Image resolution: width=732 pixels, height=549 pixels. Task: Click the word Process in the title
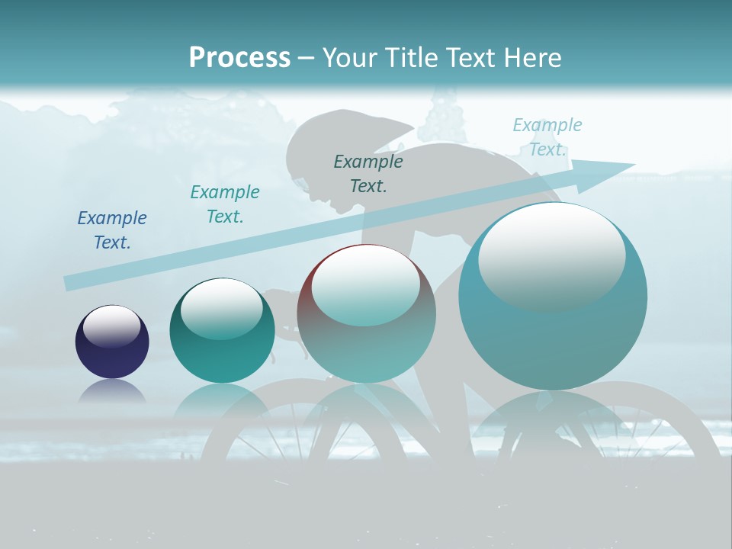pyautogui.click(x=239, y=58)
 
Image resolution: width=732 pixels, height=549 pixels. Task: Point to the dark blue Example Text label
pyautogui.click(x=111, y=230)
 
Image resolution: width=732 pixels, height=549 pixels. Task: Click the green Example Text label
pyautogui.click(x=224, y=204)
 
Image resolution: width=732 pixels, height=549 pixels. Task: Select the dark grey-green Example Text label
pyautogui.click(x=368, y=174)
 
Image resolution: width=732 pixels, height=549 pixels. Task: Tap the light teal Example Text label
pyautogui.click(x=547, y=136)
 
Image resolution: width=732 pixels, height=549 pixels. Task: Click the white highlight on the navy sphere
pyautogui.click(x=112, y=326)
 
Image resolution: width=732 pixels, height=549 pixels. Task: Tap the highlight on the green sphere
pyautogui.click(x=222, y=307)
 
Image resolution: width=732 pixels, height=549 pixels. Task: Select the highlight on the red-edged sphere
pyautogui.click(x=366, y=284)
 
